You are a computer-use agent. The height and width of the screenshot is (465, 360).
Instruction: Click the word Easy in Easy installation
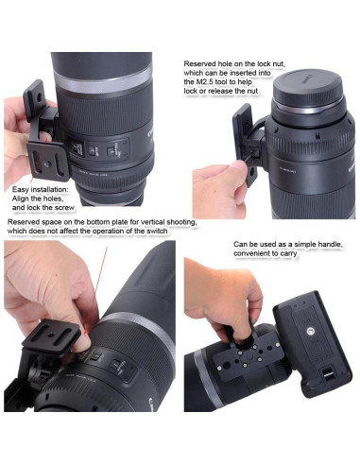click(20, 190)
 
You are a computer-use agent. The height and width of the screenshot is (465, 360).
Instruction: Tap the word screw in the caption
click(64, 208)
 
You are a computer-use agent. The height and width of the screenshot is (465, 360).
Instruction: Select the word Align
click(20, 198)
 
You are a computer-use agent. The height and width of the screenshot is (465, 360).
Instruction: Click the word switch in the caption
click(157, 231)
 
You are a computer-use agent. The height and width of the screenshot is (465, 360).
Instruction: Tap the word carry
click(288, 253)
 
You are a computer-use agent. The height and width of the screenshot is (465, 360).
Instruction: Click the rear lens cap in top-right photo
click(308, 89)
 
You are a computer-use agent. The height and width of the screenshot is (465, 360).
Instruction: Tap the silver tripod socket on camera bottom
click(310, 331)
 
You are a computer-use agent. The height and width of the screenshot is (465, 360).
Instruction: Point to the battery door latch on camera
click(327, 374)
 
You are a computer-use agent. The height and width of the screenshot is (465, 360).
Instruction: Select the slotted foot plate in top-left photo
click(48, 163)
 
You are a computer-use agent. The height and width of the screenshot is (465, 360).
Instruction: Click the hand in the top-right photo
click(220, 189)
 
